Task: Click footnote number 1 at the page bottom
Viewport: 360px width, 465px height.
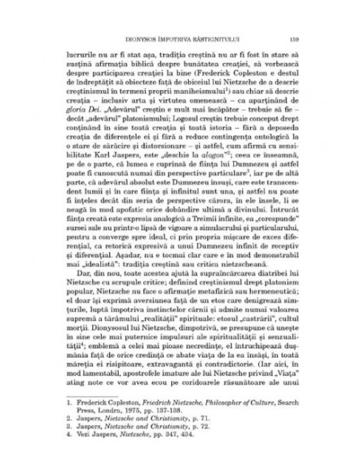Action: [68, 405]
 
